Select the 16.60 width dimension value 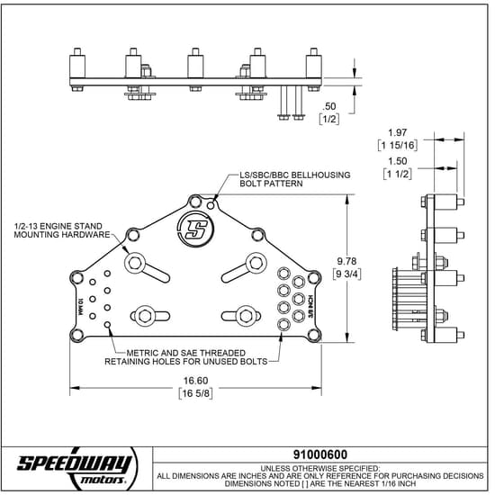[195, 381]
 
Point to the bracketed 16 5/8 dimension [195, 393]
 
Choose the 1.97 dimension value [396, 132]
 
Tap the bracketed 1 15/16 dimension [396, 145]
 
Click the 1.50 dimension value [396, 162]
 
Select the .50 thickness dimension [328, 106]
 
